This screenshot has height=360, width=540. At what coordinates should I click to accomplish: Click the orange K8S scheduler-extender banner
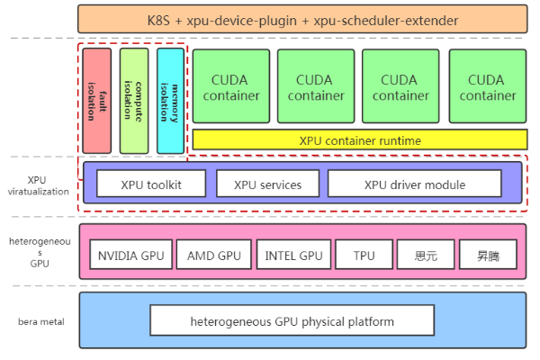301,19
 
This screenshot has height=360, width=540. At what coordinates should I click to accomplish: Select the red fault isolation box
96,100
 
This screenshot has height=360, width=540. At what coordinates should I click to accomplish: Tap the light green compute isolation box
133,100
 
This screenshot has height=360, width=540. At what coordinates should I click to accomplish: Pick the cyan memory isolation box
169,100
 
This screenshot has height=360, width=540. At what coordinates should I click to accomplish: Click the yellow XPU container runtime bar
360,140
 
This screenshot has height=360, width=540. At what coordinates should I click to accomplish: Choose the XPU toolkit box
151,184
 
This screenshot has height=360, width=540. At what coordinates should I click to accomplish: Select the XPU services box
267,184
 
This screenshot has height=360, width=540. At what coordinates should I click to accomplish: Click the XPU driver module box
414,184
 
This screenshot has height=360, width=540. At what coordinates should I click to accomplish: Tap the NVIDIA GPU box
131,256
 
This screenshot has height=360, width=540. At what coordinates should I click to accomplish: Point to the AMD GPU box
213,256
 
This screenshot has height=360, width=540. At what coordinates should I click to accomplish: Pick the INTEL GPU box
293,256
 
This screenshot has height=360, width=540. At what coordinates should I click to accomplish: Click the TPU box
364,256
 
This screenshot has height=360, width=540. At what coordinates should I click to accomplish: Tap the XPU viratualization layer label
38,185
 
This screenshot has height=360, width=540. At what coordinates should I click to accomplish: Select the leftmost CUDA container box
231,87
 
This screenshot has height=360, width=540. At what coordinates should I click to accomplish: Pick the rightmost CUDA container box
486,87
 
